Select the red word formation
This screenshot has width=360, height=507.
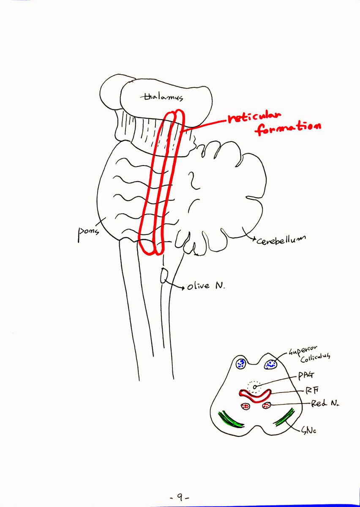(x=289, y=129)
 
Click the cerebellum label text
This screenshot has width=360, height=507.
(x=281, y=240)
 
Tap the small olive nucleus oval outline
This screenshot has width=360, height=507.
(x=164, y=275)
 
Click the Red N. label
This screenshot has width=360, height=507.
(x=325, y=403)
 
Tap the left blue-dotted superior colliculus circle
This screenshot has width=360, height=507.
(x=241, y=364)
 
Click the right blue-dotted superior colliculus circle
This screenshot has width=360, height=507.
(x=271, y=364)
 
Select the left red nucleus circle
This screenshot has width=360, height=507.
(x=245, y=406)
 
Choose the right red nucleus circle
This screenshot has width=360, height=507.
(x=267, y=405)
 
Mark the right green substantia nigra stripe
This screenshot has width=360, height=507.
(x=284, y=417)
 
